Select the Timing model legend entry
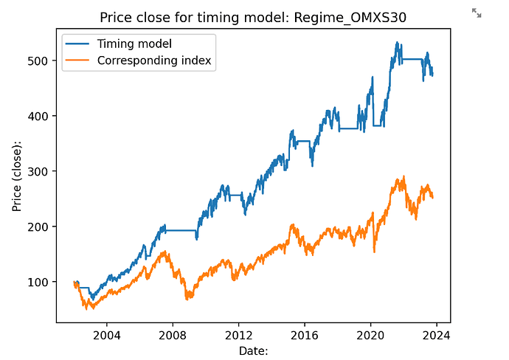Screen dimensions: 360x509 (x=134, y=44)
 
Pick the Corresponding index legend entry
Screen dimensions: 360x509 (x=156, y=60)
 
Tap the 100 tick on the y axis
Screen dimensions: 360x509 (x=41, y=282)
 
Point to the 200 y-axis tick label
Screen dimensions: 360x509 (x=41, y=226)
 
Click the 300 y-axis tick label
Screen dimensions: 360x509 (x=41, y=171)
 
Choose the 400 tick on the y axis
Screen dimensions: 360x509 (x=41, y=116)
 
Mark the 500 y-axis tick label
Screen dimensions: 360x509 (x=41, y=60)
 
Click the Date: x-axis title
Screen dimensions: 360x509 (x=253, y=350)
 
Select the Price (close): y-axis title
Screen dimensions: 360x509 (x=17, y=176)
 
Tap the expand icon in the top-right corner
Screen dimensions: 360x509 (x=477, y=13)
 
